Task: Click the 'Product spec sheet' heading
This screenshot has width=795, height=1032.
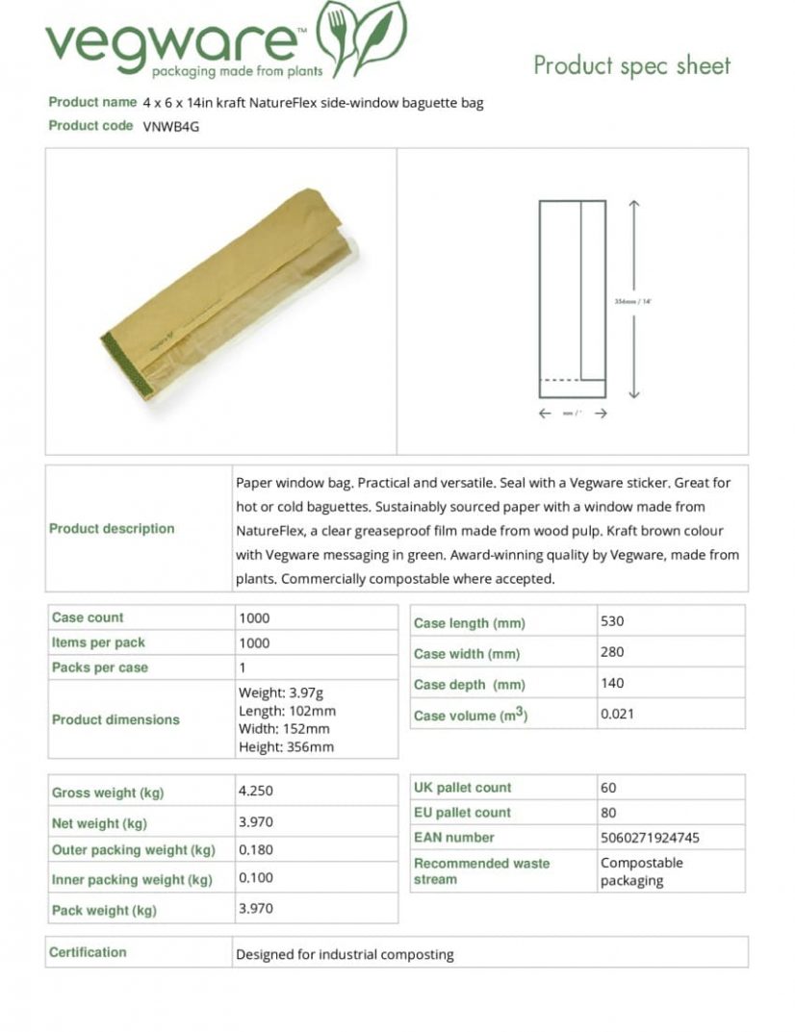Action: tap(632, 65)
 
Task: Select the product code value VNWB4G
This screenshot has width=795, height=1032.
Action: tap(171, 126)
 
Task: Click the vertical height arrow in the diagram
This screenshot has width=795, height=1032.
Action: tap(633, 299)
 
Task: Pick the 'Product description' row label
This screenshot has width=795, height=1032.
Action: tap(112, 528)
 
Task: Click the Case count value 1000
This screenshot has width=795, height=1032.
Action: tap(254, 617)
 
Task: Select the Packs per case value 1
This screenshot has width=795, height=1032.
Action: tap(243, 667)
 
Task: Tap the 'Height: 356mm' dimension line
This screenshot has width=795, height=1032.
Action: tap(286, 747)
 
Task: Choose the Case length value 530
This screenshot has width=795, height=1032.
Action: tap(612, 621)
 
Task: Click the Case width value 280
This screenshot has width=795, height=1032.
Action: tap(612, 652)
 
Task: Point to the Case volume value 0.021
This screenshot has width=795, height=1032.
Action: tap(617, 714)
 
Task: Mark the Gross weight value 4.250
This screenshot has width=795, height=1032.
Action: tap(255, 791)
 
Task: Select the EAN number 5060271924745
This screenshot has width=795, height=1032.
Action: tap(650, 838)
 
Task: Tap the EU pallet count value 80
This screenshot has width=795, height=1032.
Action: tap(608, 813)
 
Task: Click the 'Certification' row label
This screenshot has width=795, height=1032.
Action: tap(88, 952)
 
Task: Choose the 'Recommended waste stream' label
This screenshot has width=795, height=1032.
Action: tap(481, 871)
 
